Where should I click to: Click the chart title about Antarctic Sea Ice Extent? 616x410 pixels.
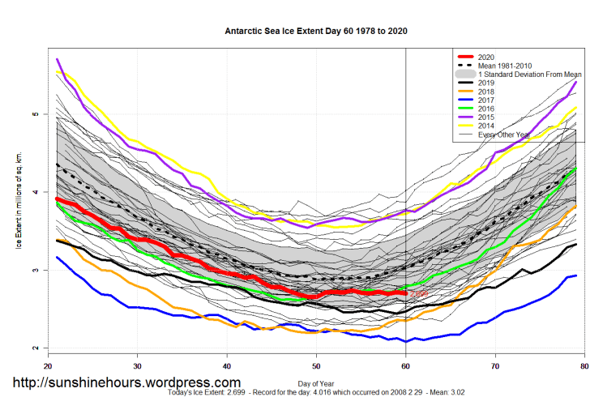[315, 32]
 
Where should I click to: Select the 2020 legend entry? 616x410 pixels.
[487, 57]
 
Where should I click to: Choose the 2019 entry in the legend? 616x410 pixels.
[487, 83]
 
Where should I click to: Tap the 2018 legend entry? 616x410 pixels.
[487, 92]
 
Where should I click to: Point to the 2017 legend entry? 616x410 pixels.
[487, 100]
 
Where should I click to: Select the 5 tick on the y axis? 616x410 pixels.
[34, 114]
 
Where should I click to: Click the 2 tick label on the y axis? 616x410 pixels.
[34, 348]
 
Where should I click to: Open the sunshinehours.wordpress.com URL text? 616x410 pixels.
[126, 382]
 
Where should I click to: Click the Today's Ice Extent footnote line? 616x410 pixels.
[315, 392]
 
